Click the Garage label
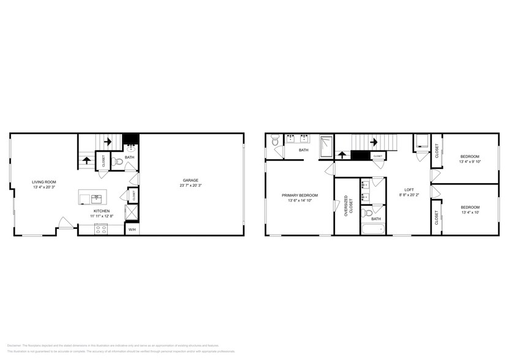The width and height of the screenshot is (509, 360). coord(189,180)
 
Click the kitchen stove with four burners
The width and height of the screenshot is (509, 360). coord(101,230)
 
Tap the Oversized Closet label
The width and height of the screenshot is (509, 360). coord(346,206)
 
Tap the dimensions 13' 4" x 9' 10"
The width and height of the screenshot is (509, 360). coord(470,162)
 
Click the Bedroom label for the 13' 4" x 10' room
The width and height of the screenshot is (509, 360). coord(470,208)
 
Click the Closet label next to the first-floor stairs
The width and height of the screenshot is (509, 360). coord(104,162)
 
